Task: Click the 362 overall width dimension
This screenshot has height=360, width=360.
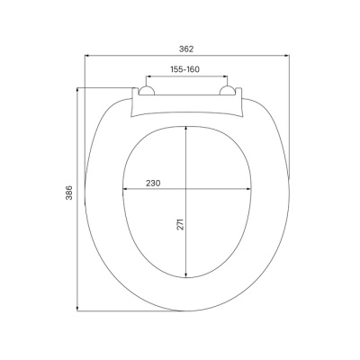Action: point(186,49)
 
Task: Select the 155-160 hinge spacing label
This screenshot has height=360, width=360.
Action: point(186,69)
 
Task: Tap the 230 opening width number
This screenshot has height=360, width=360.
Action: point(152,183)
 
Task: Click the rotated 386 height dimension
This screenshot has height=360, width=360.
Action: point(69,197)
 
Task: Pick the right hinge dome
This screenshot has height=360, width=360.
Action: point(229,91)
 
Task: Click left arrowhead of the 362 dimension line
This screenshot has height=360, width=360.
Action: point(88,56)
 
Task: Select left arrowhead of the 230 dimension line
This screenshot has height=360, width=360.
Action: point(124,189)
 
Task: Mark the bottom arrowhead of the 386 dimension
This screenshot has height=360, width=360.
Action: point(77,309)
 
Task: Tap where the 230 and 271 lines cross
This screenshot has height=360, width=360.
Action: point(186,189)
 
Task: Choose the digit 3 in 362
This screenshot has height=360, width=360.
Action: point(181,49)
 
